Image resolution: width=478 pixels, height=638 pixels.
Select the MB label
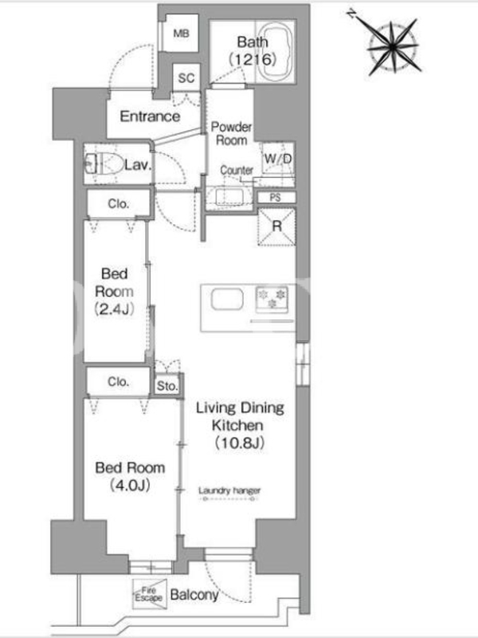(x=181, y=33)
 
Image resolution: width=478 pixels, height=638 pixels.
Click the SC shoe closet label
(x=186, y=77)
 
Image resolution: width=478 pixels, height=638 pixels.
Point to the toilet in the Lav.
(x=104, y=164)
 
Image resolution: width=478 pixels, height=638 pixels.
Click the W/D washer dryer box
(x=278, y=159)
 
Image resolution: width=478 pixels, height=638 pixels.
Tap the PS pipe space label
(x=275, y=197)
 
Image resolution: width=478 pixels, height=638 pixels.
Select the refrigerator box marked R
(x=276, y=226)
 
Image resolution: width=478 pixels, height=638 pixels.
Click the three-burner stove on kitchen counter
(x=272, y=300)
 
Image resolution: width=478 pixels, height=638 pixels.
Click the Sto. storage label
(x=167, y=385)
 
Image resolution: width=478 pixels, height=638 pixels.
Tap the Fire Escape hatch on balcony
(x=150, y=594)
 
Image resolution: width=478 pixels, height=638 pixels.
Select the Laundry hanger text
(x=229, y=490)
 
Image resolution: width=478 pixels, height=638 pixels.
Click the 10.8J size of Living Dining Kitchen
(x=240, y=443)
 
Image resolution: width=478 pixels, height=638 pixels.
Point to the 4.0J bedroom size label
(x=130, y=485)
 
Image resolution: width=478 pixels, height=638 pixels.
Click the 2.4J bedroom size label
(x=114, y=309)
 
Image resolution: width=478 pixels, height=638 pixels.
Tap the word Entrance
(x=150, y=116)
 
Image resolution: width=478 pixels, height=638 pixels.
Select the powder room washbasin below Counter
(x=229, y=196)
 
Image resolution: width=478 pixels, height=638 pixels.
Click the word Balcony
(x=194, y=595)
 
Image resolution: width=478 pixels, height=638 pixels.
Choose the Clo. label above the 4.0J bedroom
(x=118, y=382)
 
